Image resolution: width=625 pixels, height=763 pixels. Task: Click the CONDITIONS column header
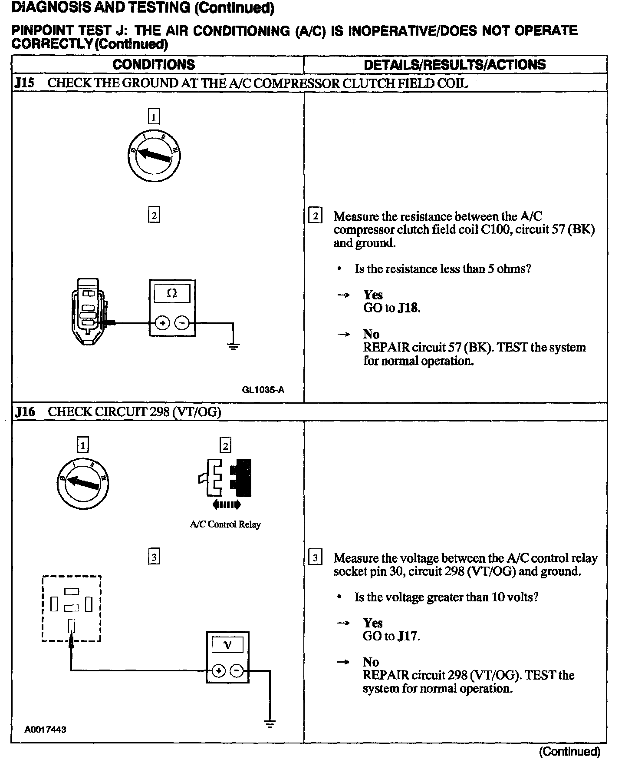click(x=154, y=65)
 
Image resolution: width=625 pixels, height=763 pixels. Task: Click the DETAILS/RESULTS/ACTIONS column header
click(x=454, y=65)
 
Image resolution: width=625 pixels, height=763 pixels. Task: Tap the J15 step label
click(x=24, y=83)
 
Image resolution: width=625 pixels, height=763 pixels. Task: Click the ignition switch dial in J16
click(x=83, y=483)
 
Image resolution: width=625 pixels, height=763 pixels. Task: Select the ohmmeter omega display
click(x=172, y=294)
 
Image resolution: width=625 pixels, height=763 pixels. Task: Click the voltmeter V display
click(x=227, y=646)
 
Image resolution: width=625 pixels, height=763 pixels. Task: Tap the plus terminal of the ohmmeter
click(x=162, y=323)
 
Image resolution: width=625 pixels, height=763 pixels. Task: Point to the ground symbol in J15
click(x=234, y=346)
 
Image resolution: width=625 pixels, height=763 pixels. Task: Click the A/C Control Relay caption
click(x=225, y=524)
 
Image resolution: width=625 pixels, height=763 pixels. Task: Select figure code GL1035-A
click(x=263, y=390)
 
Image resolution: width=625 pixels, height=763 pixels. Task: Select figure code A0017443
click(x=46, y=730)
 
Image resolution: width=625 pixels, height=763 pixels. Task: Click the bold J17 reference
click(x=408, y=636)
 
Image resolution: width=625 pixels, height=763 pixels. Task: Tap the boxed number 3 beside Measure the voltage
click(x=315, y=558)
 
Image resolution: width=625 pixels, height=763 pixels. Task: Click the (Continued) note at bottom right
click(x=569, y=752)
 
